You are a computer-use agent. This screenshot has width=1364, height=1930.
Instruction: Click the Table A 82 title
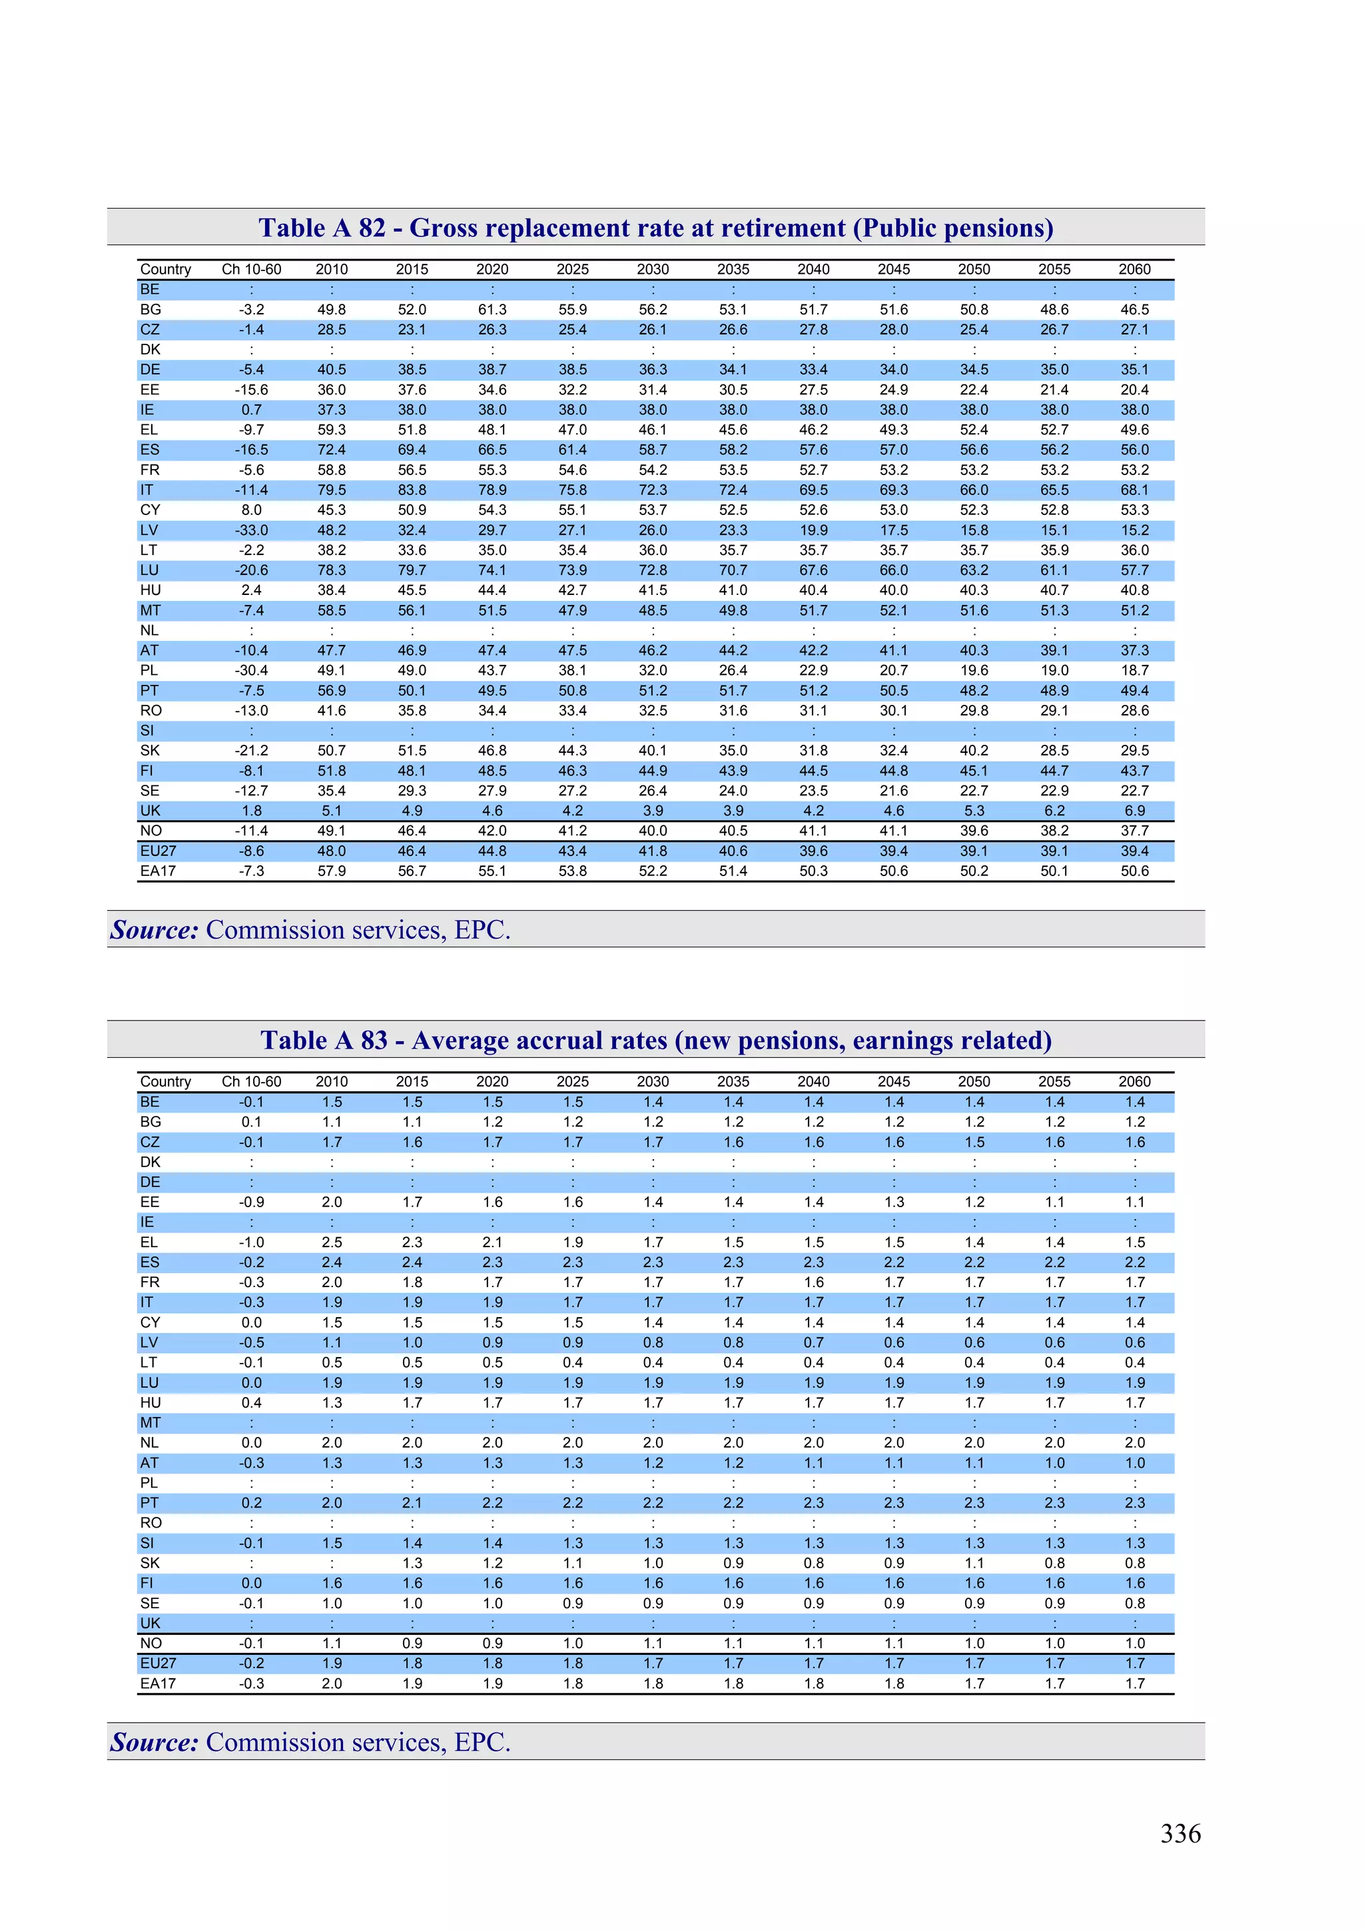[655, 228]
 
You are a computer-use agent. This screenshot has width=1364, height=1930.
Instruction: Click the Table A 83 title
[655, 1041]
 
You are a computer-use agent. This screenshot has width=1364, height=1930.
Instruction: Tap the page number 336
[1180, 1833]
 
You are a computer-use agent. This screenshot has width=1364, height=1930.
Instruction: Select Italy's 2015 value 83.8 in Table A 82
[412, 490]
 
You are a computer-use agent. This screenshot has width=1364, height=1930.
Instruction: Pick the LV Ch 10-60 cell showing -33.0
[251, 530]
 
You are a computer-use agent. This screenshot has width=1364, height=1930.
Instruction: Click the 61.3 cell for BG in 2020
[492, 309]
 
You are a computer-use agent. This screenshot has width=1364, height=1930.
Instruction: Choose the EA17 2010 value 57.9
[331, 871]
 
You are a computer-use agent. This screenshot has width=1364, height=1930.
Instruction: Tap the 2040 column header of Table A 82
[813, 269]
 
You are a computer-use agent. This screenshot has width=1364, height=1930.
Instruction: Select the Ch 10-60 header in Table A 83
[251, 1082]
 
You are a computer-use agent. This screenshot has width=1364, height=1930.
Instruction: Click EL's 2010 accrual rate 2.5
[331, 1242]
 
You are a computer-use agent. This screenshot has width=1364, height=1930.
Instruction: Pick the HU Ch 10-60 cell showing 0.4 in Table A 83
[251, 1403]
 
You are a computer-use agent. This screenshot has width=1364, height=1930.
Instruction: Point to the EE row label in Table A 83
[150, 1202]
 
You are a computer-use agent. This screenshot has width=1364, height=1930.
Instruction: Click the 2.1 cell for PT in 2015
[412, 1503]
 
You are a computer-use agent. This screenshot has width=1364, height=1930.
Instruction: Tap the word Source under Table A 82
[154, 930]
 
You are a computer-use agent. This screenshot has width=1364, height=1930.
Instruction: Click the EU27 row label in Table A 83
[158, 1664]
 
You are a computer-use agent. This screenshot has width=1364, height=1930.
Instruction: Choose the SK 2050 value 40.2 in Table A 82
[973, 751]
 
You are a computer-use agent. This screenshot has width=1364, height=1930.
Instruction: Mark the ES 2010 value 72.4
[331, 450]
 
